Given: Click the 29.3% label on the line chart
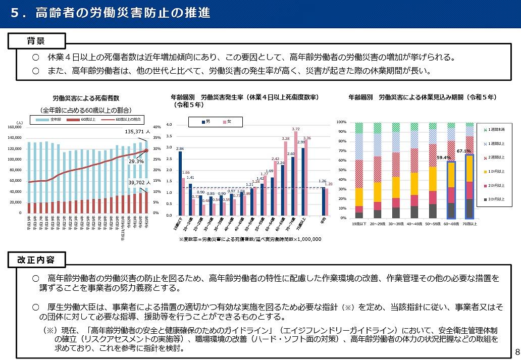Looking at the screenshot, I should tap(136, 162).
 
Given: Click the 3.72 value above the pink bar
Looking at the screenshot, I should tap(296, 129).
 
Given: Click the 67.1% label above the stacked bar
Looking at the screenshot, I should tap(463, 151).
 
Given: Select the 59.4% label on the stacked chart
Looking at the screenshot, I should tap(444, 158).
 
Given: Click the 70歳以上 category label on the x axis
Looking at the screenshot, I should tap(470, 223).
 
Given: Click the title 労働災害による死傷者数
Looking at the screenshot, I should tap(85, 98).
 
